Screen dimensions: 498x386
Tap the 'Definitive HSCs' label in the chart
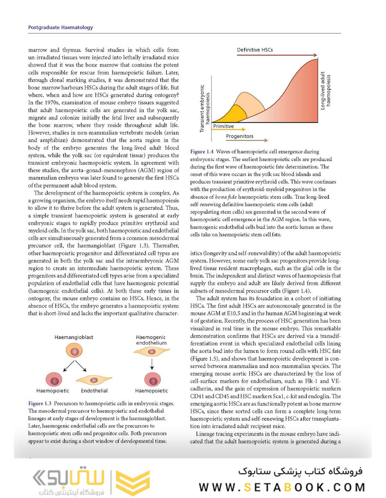pyautogui.click(x=255, y=49)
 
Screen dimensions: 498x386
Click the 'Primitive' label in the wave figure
pyautogui.click(x=223, y=126)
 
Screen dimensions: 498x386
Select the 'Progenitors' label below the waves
pyautogui.click(x=240, y=136)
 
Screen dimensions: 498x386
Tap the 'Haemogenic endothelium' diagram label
pyautogui.click(x=151, y=340)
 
